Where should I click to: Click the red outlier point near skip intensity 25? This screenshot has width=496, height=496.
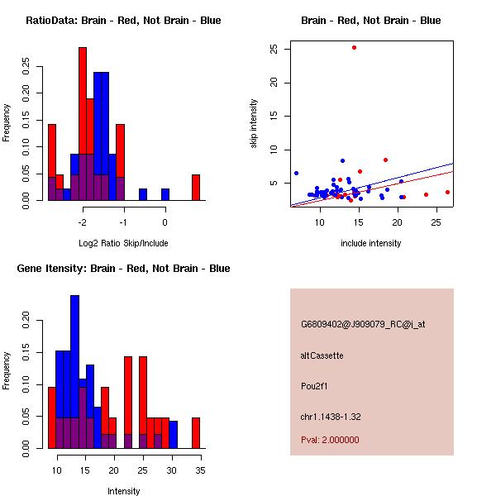pyautogui.click(x=354, y=47)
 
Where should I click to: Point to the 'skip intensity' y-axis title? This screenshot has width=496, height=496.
pyautogui.click(x=254, y=124)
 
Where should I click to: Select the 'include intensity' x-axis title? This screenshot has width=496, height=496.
pyautogui.click(x=370, y=243)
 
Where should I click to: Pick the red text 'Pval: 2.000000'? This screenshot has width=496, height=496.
pyautogui.click(x=330, y=440)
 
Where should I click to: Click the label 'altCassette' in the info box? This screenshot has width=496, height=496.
pyautogui.click(x=322, y=355)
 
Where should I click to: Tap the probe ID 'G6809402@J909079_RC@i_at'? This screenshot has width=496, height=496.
pyautogui.click(x=363, y=325)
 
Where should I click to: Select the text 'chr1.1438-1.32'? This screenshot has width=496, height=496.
pyautogui.click(x=331, y=416)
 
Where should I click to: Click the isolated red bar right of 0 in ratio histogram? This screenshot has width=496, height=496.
pyautogui.click(x=196, y=188)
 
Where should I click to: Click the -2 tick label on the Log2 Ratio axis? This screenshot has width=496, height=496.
pyautogui.click(x=82, y=222)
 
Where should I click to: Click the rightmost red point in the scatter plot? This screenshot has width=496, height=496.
pyautogui.click(x=447, y=192)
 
